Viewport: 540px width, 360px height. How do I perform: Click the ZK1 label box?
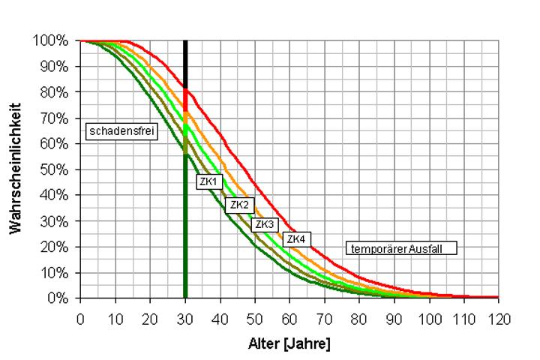[x=208, y=182]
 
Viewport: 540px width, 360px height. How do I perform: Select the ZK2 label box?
[x=239, y=205]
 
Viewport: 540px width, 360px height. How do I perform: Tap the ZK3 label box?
[x=265, y=223]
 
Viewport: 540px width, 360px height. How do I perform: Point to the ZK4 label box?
[x=296, y=239]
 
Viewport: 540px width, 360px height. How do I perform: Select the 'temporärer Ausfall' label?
[x=401, y=248]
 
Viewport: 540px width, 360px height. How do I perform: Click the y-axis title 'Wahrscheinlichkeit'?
[x=16, y=168]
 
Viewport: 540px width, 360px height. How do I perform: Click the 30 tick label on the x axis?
[x=185, y=319]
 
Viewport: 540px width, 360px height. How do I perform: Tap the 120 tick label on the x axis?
[x=499, y=319]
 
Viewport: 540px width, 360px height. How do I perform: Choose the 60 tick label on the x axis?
[x=289, y=319]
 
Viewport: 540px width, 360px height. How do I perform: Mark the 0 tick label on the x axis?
[x=80, y=319]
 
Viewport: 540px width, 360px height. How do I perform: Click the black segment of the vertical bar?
[x=185, y=64]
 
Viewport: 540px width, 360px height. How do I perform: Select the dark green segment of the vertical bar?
[x=185, y=225]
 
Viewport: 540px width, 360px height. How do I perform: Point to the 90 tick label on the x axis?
[x=394, y=319]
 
